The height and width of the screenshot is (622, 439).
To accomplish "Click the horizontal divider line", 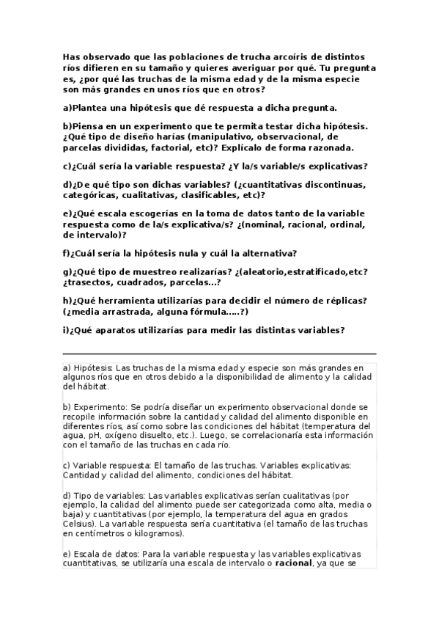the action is [219, 353].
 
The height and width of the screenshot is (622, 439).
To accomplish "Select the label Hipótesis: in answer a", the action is [94, 367].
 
